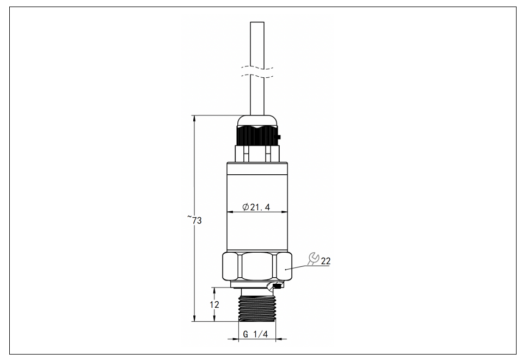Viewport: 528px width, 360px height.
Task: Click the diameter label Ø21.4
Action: pyautogui.click(x=256, y=207)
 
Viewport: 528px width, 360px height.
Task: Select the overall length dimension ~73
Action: pyautogui.click(x=195, y=219)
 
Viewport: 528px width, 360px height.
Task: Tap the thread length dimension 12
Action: pyautogui.click(x=214, y=304)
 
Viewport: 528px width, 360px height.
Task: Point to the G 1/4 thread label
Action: pyautogui.click(x=256, y=334)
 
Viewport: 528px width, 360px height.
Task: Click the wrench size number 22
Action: pyautogui.click(x=326, y=261)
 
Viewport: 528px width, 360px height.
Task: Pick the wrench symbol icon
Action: pyautogui.click(x=314, y=259)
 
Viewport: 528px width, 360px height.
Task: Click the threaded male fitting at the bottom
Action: pyautogui.click(x=257, y=308)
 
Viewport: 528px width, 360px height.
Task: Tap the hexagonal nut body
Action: pyautogui.click(x=257, y=267)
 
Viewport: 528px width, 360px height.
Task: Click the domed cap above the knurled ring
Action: pyautogui.click(x=257, y=120)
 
